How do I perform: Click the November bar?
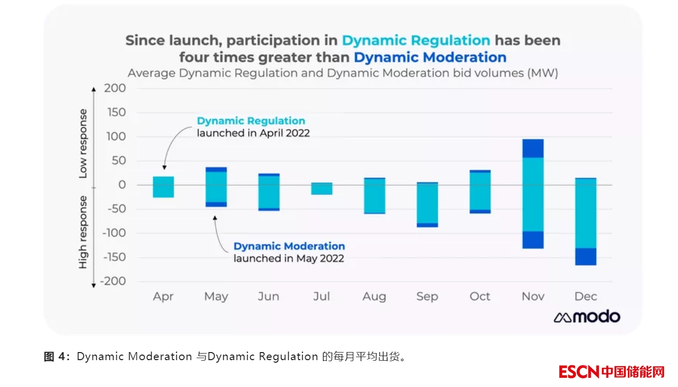coord(533,194)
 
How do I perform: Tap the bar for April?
coord(163,187)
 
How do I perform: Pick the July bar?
coord(322,188)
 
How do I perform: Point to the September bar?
coord(427,205)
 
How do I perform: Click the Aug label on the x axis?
coord(374,296)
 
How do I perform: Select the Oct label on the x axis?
coord(480,296)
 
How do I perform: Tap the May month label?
coord(216,296)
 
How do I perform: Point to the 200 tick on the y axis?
coord(116,89)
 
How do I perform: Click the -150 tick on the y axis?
coord(112,257)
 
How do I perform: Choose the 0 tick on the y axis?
coord(122,185)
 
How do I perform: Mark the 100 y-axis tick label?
coord(116,137)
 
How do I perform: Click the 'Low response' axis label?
coord(83,143)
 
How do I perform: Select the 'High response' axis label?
coord(83,232)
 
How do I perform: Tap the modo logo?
coord(587,317)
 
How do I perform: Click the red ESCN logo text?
coord(579,372)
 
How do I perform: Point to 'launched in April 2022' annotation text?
coord(253,133)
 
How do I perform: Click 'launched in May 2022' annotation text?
coord(289,258)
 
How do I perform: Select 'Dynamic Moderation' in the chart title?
coord(430,57)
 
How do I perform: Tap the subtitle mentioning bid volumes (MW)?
coord(343,73)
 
